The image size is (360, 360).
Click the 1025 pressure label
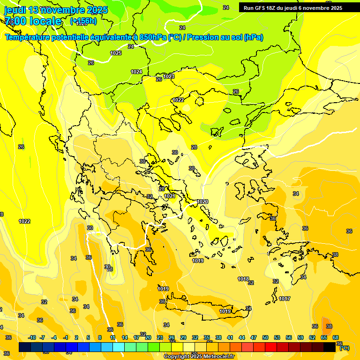click(116, 53)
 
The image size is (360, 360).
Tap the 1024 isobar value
click(136, 72)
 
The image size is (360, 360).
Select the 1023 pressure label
click(169, 76)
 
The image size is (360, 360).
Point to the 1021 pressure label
click(170, 196)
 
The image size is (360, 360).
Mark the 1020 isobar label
click(202, 202)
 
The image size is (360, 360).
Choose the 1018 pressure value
click(243, 279)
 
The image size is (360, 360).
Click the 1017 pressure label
click(285, 299)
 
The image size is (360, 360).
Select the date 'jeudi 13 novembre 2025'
click(56, 10)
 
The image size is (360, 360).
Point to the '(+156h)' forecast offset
click(83, 21)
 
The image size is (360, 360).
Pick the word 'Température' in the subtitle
click(28, 37)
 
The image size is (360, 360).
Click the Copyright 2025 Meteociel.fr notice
click(199, 357)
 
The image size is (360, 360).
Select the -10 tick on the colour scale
click(32, 337)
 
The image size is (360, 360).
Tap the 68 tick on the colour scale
click(336, 337)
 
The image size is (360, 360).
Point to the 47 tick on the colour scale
click(254, 337)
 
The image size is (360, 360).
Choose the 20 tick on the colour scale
click(148, 337)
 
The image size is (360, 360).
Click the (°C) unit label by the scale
click(344, 348)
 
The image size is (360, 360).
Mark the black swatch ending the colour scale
click(330, 347)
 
